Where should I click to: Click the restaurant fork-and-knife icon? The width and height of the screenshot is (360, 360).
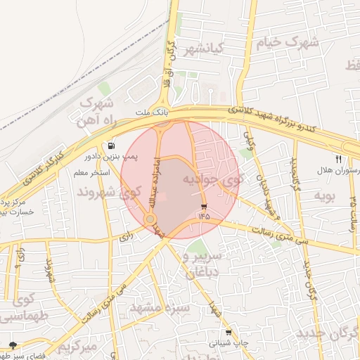pyautogui.click(x=339, y=160)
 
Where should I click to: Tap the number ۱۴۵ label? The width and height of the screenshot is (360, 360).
pyautogui.click(x=204, y=217)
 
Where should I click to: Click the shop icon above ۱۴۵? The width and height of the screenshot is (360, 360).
pyautogui.click(x=204, y=207)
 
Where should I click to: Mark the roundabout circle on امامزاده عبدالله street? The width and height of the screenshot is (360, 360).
pyautogui.click(x=150, y=220)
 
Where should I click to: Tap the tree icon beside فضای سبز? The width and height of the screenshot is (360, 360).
pyautogui.click(x=12, y=345)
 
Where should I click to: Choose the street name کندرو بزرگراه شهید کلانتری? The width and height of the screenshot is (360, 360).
pyautogui.click(x=271, y=116)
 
